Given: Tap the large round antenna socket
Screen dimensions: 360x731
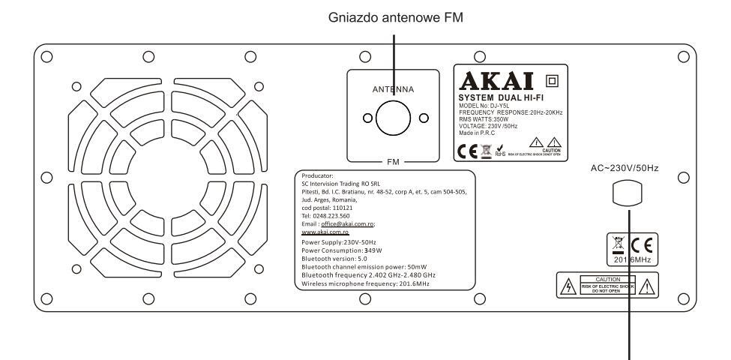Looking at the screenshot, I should pyautogui.click(x=394, y=118).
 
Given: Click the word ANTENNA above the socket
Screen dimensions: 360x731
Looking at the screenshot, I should pyautogui.click(x=394, y=88).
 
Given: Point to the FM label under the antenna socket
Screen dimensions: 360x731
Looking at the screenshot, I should pyautogui.click(x=394, y=160).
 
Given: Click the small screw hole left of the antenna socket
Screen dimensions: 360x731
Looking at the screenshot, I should pyautogui.click(x=367, y=118).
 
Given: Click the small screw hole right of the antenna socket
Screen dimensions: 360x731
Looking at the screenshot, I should pyautogui.click(x=423, y=118).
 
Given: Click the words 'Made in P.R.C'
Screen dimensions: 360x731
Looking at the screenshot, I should pyautogui.click(x=478, y=132).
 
